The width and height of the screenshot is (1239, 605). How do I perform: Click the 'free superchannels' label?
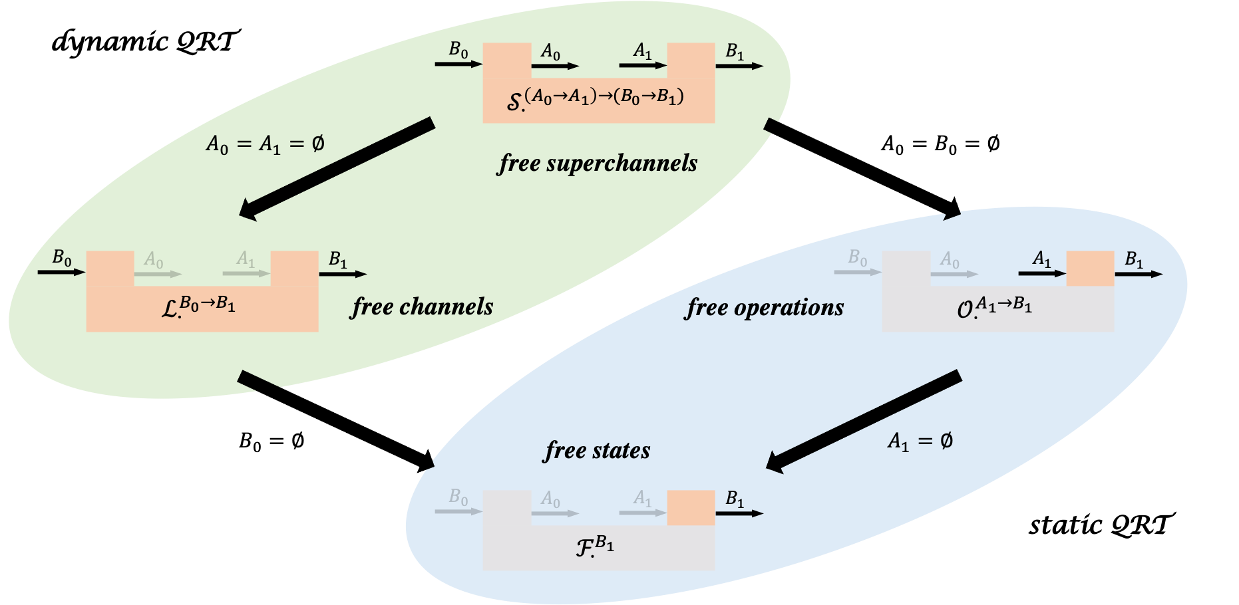point(598,164)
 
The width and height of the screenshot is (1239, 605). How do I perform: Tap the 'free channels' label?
point(423,307)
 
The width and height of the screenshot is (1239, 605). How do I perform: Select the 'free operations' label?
point(765,308)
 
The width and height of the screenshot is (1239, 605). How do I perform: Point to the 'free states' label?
point(597,451)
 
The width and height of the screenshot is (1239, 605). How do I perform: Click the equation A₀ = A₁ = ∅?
point(265,144)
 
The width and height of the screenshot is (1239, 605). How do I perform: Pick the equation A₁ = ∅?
point(920,441)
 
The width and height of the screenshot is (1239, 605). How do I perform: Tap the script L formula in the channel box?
point(199,306)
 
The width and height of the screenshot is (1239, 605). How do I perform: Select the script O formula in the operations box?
point(995,308)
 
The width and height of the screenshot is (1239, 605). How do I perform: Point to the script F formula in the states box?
point(595,546)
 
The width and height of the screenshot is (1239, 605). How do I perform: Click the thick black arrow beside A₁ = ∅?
point(864,422)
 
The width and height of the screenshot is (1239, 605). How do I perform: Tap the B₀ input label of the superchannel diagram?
point(458,50)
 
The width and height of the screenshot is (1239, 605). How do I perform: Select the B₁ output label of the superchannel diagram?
point(735,51)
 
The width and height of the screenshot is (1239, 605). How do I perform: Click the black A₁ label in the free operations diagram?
point(1042,259)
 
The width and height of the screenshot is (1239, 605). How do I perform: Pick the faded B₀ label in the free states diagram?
point(458,497)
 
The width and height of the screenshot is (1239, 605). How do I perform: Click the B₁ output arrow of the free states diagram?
point(739,513)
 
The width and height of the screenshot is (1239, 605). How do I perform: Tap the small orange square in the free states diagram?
point(691,508)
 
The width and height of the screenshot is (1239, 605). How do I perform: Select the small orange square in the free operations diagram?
point(1090,269)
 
